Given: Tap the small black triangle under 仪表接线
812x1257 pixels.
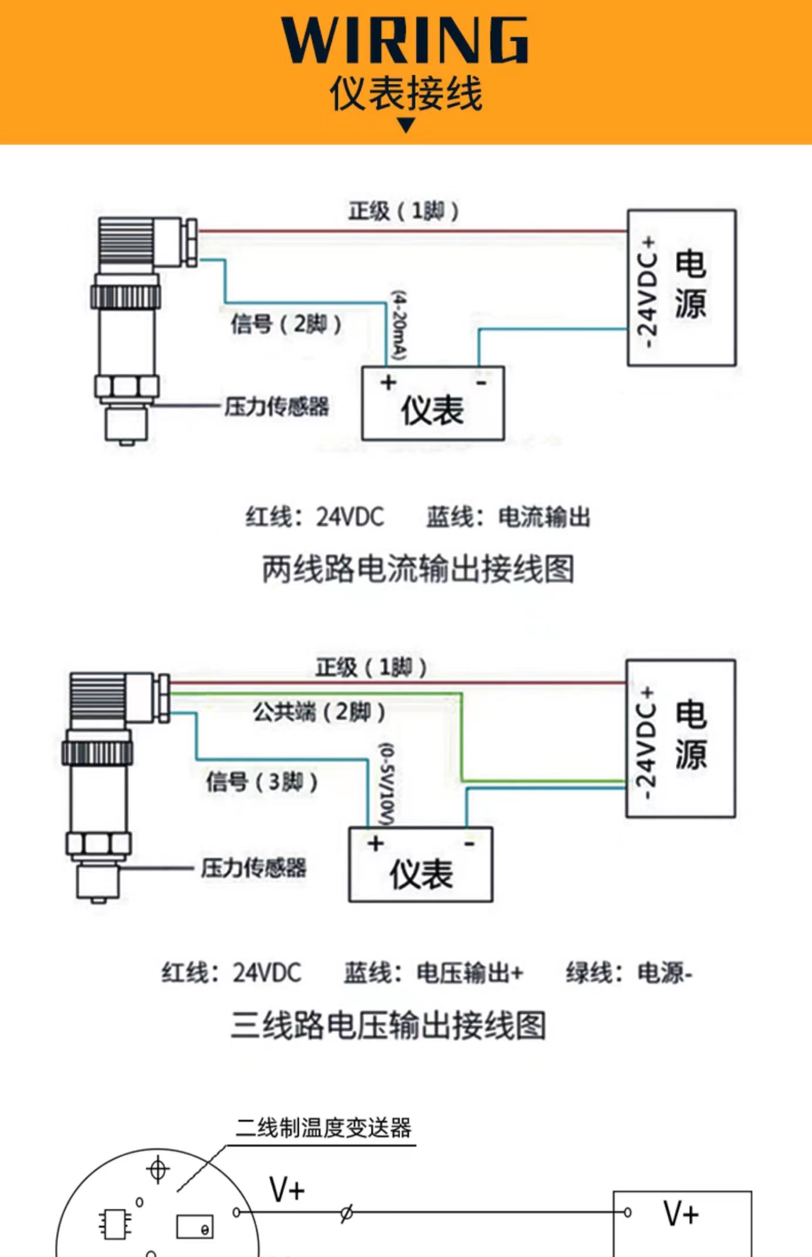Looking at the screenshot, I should tap(406, 125).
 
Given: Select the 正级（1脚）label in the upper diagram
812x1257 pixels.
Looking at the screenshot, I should tap(404, 211).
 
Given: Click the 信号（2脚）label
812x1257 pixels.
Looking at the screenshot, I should tap(286, 324).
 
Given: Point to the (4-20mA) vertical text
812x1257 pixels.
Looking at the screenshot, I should tap(399, 326).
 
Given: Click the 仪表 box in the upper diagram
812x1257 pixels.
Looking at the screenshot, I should tap(433, 404).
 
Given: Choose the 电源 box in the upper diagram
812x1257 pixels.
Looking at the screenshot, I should tap(682, 287).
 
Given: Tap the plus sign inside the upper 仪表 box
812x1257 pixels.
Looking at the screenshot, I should tap(388, 382).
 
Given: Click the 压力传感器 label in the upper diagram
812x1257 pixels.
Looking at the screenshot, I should tap(276, 406).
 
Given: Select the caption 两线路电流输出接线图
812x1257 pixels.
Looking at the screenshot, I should tap(418, 569).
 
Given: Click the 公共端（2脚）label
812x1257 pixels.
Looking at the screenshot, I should tap(319, 712).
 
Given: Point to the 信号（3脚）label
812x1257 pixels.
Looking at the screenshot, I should tap(262, 782).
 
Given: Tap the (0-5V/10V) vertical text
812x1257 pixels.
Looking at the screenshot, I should tap(387, 784).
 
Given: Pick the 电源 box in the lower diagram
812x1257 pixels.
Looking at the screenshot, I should tap(681, 738).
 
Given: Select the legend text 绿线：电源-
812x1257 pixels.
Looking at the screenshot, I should tap(629, 973).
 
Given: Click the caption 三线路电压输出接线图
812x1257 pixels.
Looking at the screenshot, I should tap(388, 1025).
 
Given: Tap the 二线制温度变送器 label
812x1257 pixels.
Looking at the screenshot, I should tap(323, 1128).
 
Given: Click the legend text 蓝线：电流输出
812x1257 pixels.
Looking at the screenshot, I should tap(508, 517).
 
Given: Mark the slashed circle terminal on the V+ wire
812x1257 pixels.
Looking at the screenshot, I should tap(347, 1212).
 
